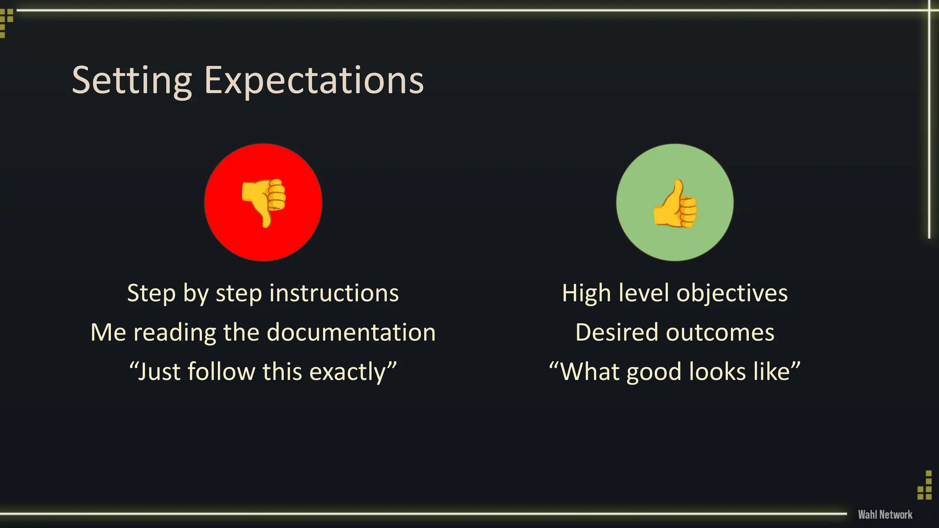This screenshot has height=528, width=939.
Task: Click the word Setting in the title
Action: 132,81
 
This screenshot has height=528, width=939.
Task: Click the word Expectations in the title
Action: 314,81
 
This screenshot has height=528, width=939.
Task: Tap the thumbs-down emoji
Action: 264,202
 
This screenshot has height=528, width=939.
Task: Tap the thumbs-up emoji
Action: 675,203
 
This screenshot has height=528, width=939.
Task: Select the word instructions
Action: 334,293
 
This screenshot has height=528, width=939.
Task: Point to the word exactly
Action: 352,372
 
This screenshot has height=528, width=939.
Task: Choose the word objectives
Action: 732,293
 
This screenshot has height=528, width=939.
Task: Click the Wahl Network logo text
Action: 885,515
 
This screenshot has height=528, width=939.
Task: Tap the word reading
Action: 175,332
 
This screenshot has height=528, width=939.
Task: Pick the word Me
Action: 108,332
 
